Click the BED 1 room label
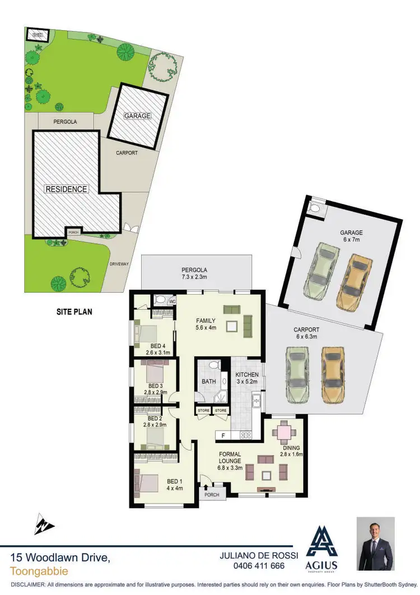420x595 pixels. tap(175, 481)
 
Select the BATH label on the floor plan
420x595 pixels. tap(209, 382)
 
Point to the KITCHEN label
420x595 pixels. tap(246, 374)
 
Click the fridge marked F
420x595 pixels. tap(223, 435)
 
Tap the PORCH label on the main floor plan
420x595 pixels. tap(211, 495)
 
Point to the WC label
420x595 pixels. tap(172, 300)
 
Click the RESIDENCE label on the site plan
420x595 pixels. tap(67, 189)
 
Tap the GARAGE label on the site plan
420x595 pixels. tap(138, 116)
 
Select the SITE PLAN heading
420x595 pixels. tap(74, 312)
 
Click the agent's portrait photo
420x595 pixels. tap(375, 543)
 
